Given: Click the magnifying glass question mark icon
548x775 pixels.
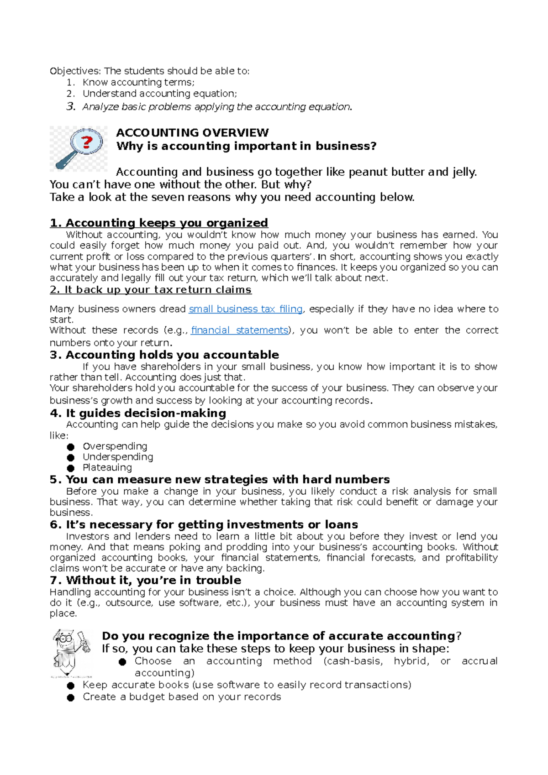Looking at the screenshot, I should coord(79,148).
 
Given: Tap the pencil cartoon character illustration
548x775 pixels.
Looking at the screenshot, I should coord(71,653).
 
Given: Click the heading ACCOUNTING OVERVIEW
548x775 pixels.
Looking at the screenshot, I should coord(192,133).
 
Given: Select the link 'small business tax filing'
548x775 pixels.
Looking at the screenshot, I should coord(246,309).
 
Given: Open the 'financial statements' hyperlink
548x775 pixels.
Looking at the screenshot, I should coord(239,330).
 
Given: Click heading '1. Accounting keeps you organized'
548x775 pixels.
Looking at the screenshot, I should coord(159,223).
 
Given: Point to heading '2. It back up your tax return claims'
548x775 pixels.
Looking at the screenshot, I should coord(151,290).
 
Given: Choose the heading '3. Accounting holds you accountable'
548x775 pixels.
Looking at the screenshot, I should coord(164,355).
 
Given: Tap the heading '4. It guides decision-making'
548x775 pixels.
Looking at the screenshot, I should coord(138,413).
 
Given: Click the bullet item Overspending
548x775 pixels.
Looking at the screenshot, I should coord(115,446).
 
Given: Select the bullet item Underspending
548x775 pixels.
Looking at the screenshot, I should coord(118,456).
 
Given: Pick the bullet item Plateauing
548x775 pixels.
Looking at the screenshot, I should coord(107,467).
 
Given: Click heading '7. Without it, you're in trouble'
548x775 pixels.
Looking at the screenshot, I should coord(146,580).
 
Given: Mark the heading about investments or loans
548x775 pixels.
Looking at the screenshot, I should coord(204,524).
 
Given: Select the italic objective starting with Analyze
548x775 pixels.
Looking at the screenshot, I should coord(217,107).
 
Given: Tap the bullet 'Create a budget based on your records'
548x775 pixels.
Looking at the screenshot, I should coord(182,696).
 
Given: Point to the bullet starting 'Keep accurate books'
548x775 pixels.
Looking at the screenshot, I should coord(247,685).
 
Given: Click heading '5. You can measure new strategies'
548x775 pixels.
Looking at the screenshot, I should coord(220,479).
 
